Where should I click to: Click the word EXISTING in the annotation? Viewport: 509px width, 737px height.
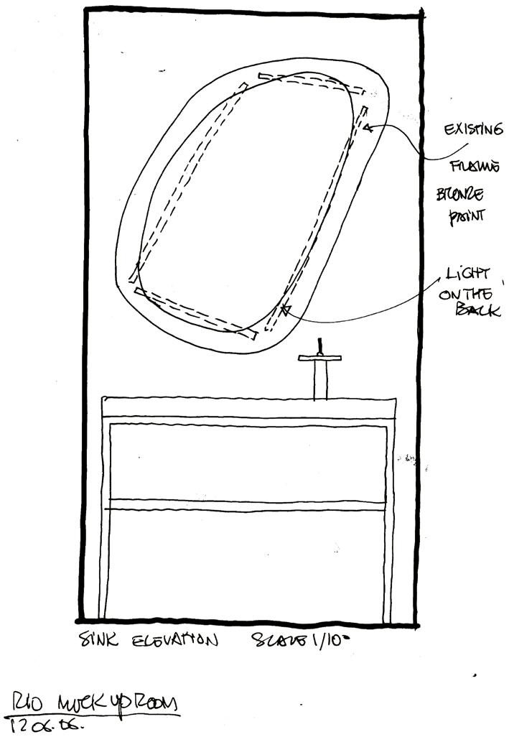(x=472, y=130)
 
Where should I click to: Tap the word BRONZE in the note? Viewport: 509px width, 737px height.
(x=460, y=195)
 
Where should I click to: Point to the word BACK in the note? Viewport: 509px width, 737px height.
(x=479, y=310)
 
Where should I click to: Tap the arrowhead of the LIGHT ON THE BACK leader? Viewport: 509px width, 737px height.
(x=285, y=310)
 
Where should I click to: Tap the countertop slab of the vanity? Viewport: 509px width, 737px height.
(x=249, y=407)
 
